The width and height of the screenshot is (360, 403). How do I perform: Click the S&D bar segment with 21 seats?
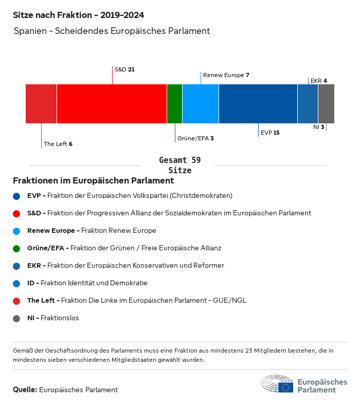112,104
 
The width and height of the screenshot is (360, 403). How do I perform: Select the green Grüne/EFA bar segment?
174,104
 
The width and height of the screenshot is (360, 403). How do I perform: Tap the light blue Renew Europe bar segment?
201,104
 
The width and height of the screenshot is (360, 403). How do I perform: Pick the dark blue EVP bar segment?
258,104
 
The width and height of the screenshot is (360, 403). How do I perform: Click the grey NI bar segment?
326,104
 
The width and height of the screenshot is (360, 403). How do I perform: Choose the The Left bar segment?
41,104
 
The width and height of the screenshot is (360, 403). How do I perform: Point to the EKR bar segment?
308,104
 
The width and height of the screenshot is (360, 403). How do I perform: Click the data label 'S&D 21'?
124,69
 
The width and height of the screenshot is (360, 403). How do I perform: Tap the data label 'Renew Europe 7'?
226,75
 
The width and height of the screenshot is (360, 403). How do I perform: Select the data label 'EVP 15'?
270,133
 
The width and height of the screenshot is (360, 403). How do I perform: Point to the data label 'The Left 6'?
58,144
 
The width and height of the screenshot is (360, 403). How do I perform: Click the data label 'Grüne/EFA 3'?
195,138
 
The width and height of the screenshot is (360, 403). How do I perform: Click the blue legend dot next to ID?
17,283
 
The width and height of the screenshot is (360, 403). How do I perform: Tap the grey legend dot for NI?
17,318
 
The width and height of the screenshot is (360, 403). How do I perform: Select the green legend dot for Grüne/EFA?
17,248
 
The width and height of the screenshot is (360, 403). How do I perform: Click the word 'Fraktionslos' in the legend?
60,318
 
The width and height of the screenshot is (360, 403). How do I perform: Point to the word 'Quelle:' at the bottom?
25,390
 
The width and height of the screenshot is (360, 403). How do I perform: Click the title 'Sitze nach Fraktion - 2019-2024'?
78,15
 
